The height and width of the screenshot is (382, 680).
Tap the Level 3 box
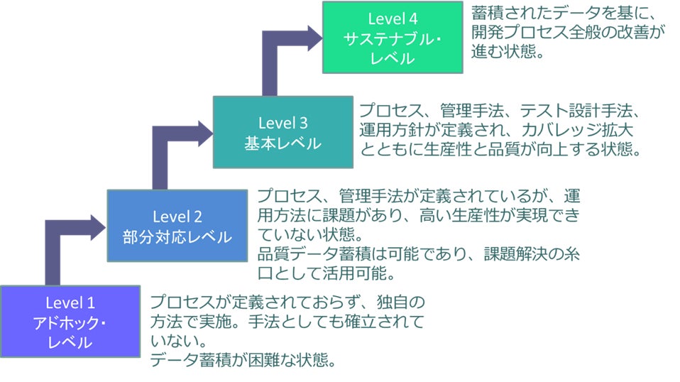[x=283, y=132]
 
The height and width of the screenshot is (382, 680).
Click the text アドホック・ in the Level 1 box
[x=70, y=323]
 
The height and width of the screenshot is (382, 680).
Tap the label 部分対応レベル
[x=177, y=236]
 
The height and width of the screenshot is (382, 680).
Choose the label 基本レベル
[x=283, y=143]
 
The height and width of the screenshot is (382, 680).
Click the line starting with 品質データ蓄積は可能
[x=419, y=253]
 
